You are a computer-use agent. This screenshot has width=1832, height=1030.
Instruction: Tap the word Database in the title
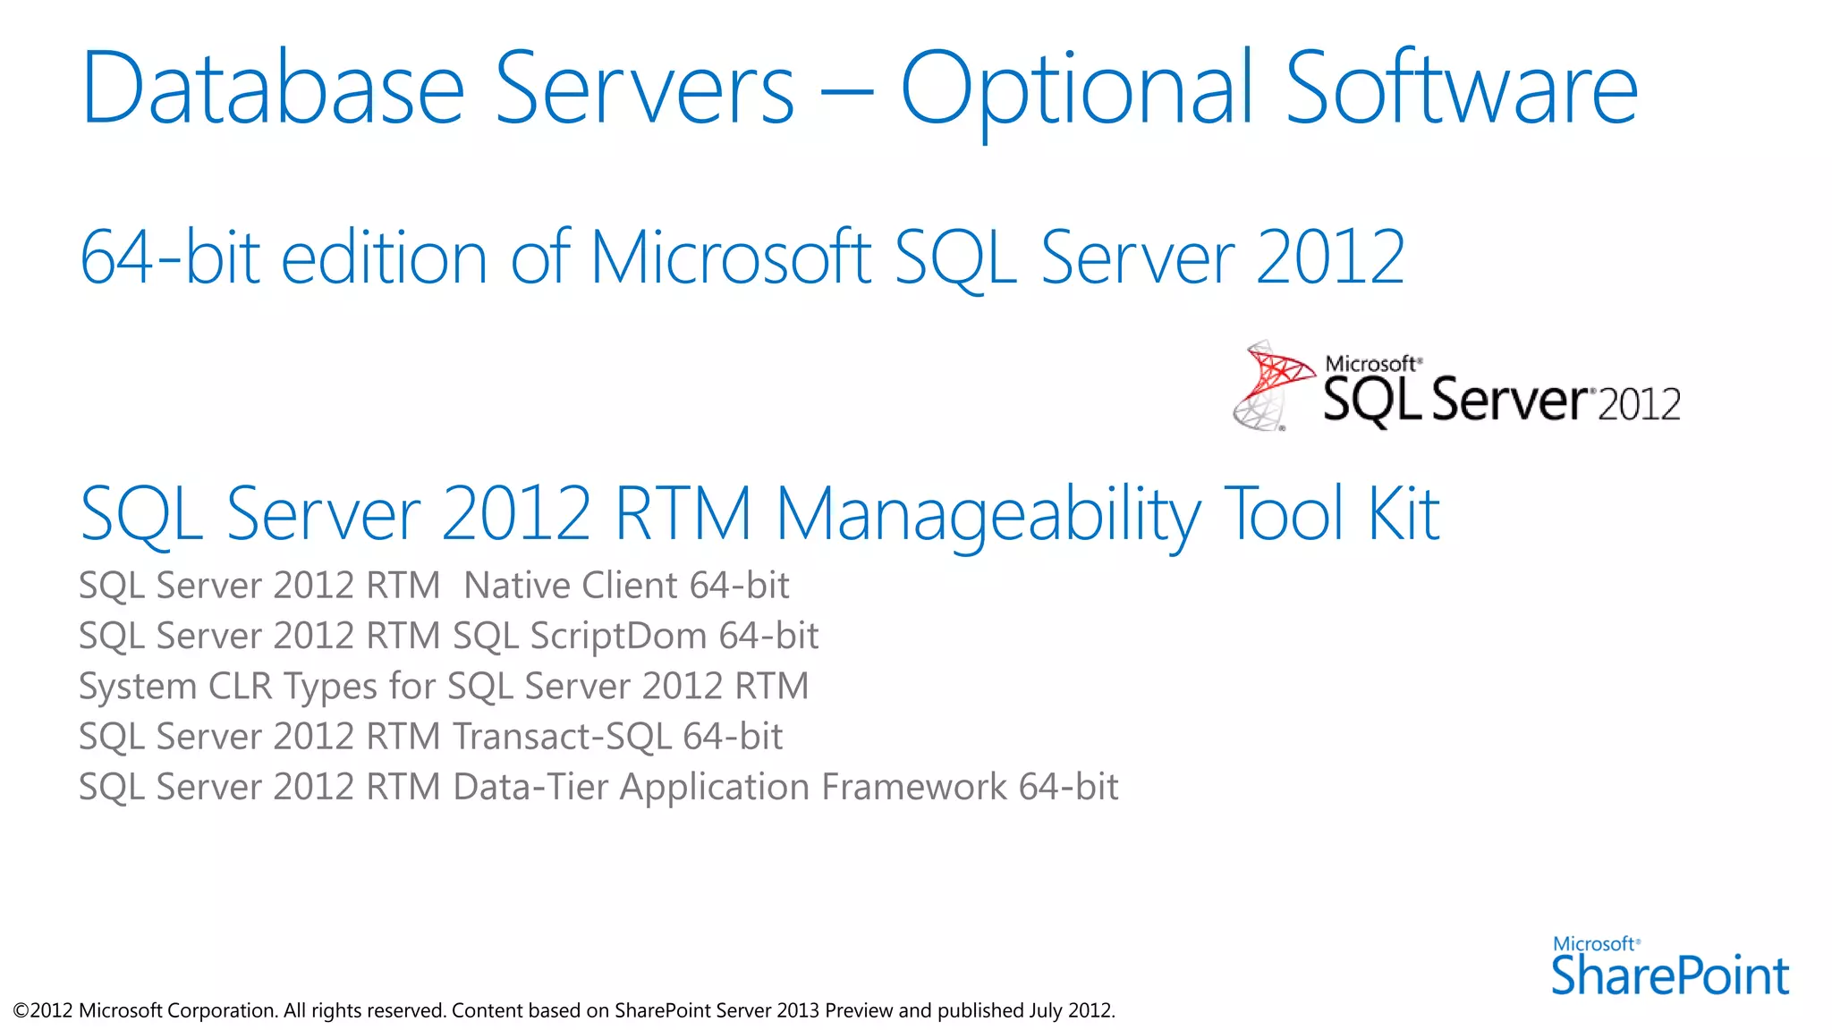pyautogui.click(x=273, y=89)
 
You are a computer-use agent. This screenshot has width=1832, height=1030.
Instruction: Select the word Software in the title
pyautogui.click(x=1461, y=89)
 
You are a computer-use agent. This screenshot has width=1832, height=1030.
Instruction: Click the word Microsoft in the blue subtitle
pyautogui.click(x=730, y=257)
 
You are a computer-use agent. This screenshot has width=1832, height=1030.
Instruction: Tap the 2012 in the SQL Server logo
pyautogui.click(x=1639, y=405)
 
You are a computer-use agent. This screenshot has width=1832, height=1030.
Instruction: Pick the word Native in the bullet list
pyautogui.click(x=516, y=586)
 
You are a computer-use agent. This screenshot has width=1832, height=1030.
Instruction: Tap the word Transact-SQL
pyautogui.click(x=562, y=737)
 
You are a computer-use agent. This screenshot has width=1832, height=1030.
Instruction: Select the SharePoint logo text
pyautogui.click(x=1669, y=975)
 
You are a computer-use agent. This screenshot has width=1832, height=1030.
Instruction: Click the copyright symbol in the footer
pyautogui.click(x=21, y=1011)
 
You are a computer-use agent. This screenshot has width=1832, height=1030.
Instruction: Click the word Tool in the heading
pyautogui.click(x=1285, y=515)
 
